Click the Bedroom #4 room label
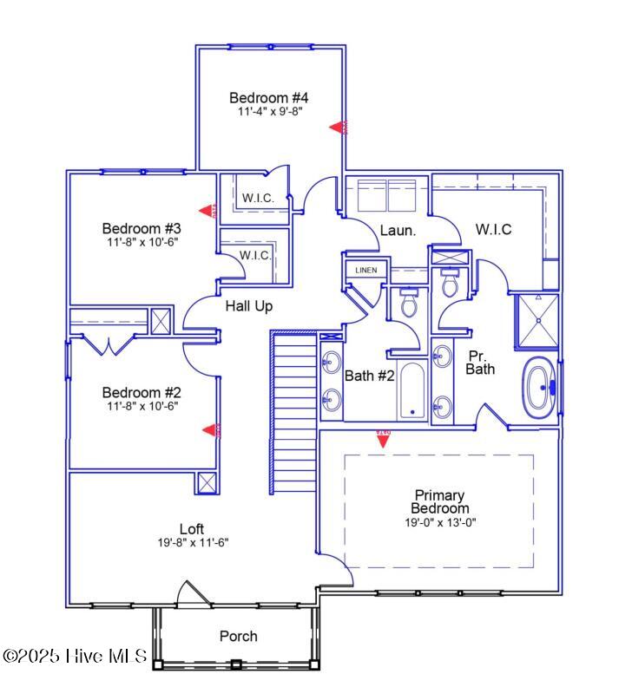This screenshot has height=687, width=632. [x=269, y=97]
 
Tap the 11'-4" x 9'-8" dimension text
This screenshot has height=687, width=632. [x=269, y=112]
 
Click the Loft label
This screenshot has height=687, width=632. [x=192, y=529]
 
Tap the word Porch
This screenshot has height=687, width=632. [x=238, y=636]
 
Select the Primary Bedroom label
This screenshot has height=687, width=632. [x=440, y=501]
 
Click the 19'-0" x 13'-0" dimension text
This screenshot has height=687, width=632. [x=439, y=522]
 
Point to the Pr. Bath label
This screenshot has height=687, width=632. [x=480, y=363]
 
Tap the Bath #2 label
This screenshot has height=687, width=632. [x=370, y=376]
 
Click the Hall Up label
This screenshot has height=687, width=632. [x=249, y=305]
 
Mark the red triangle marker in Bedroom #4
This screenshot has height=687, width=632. [x=339, y=128]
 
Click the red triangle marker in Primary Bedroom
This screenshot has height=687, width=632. [x=382, y=439]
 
